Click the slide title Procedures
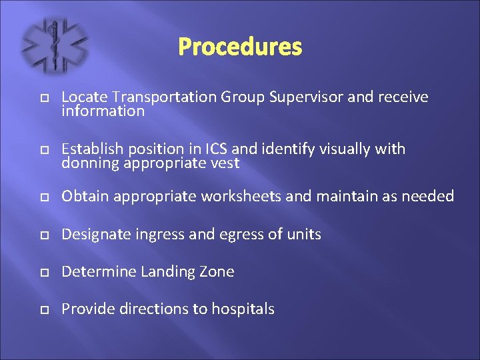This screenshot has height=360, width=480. coord(240,47)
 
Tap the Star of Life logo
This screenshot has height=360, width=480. coord(55,45)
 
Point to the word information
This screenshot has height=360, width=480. coord(103,111)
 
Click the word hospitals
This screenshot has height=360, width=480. coord(243,309)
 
